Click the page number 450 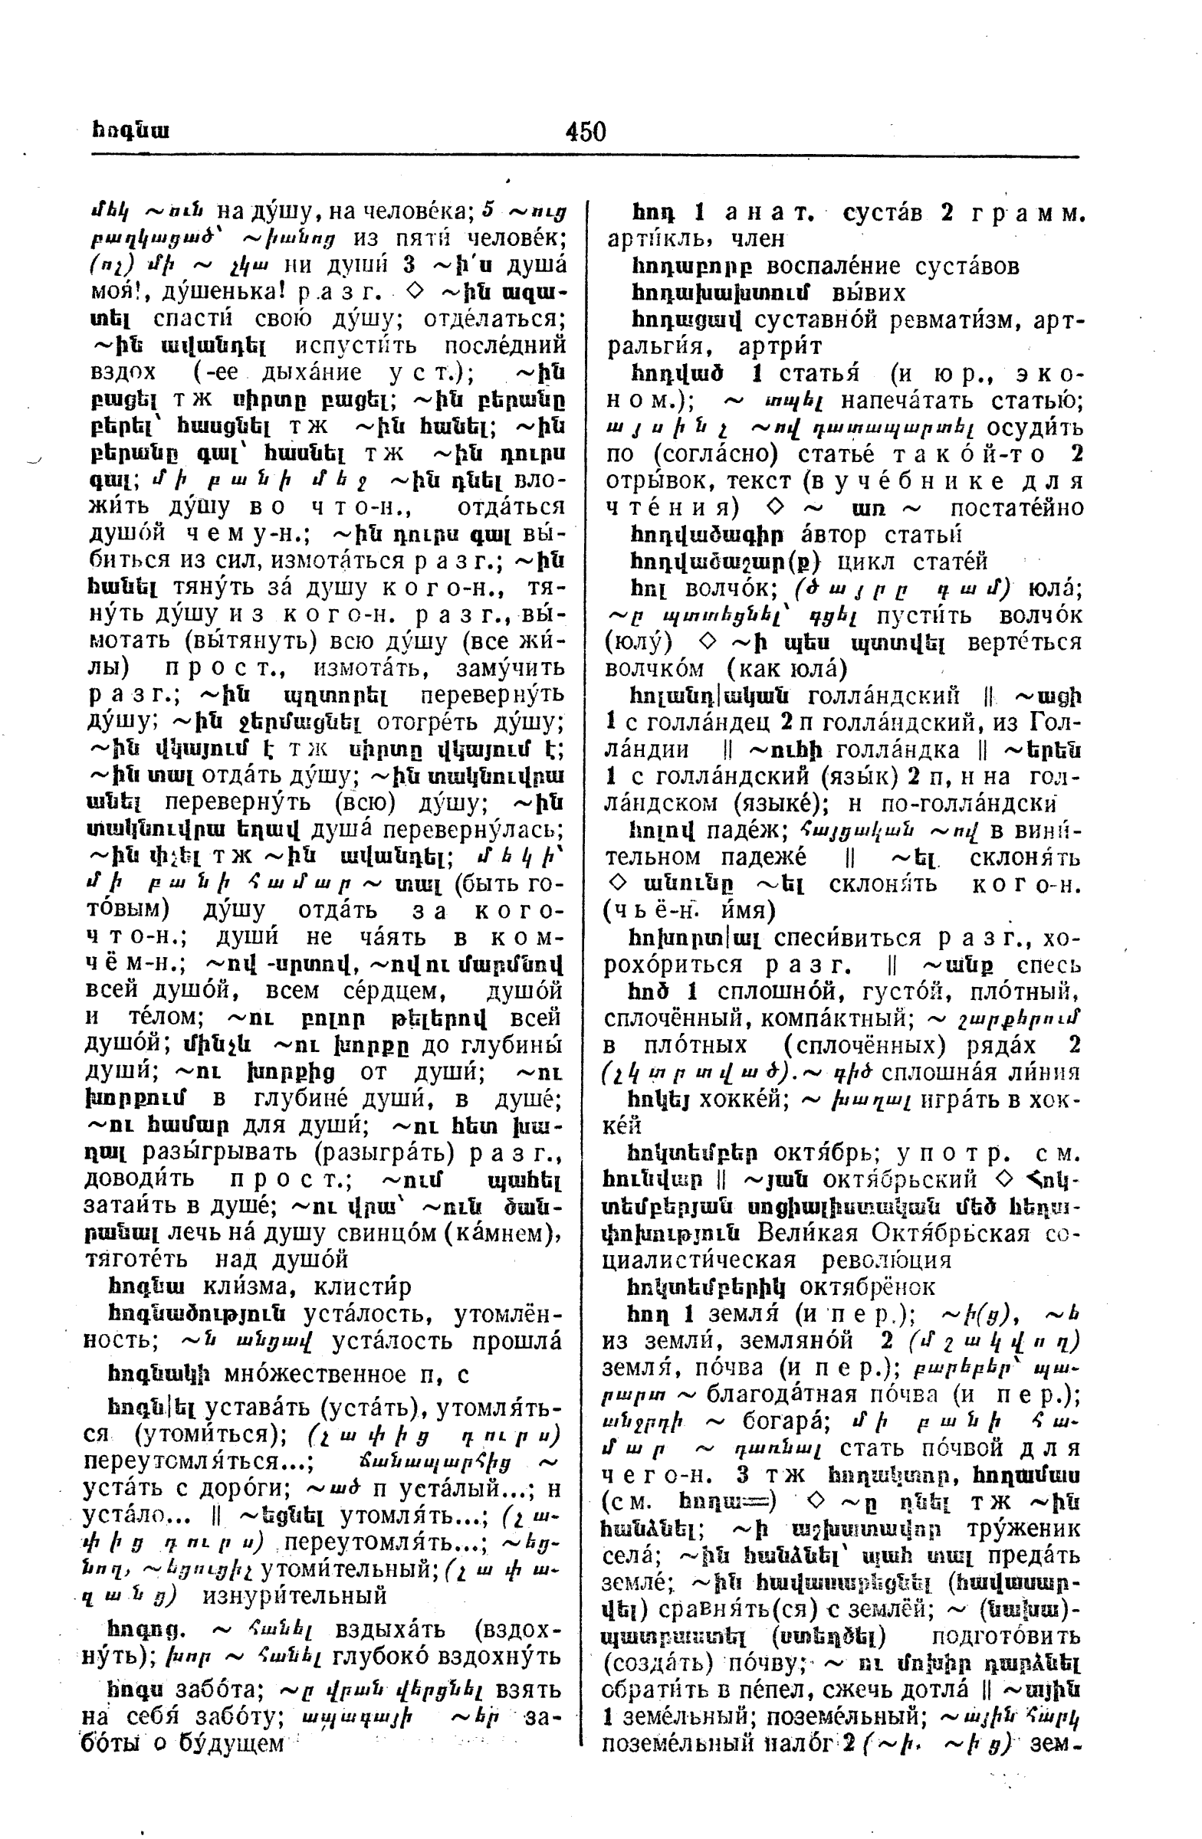[585, 132]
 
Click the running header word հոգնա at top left [130, 131]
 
